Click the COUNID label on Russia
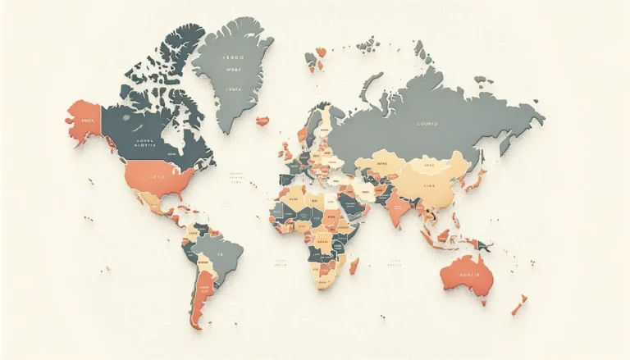(x=427, y=123)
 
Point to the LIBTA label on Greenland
(x=234, y=88)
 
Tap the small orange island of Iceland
(x=262, y=121)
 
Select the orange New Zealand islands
(x=518, y=307)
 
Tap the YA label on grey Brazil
(x=220, y=253)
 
